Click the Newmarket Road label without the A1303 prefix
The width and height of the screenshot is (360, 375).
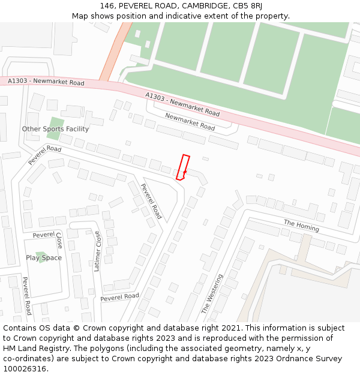pyautogui.click(x=190, y=122)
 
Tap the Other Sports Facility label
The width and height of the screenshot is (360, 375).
pyautogui.click(x=55, y=129)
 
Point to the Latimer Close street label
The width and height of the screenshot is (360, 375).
pyautogui.click(x=97, y=251)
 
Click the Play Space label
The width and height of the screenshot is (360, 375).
pyautogui.click(x=44, y=258)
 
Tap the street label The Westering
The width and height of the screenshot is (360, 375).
pyautogui.click(x=212, y=294)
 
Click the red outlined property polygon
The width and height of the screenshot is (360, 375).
pyautogui.click(x=183, y=167)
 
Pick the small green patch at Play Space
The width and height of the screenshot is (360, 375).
pyautogui.click(x=40, y=257)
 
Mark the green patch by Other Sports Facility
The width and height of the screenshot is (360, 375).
pyautogui.click(x=55, y=128)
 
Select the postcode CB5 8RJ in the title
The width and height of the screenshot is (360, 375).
pyautogui.click(x=248, y=6)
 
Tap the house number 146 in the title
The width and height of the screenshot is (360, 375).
pyautogui.click(x=107, y=6)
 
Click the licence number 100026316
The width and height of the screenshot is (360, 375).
pyautogui.click(x=25, y=368)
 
